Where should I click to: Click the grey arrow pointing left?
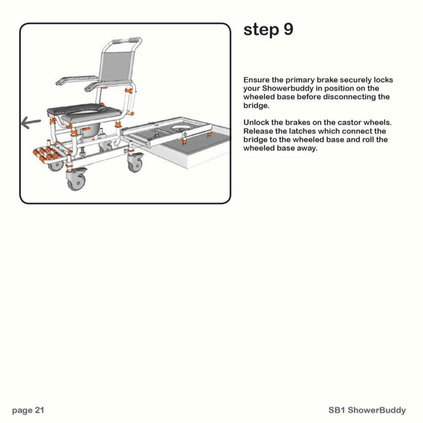[x=31, y=123]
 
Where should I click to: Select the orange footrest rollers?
[x=48, y=154]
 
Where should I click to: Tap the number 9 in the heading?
[x=288, y=30]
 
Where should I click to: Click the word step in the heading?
[x=260, y=30]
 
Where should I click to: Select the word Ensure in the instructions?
[x=256, y=80]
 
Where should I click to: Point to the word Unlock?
[x=256, y=123]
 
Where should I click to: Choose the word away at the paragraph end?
[x=308, y=148]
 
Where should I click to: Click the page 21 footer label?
[x=28, y=410]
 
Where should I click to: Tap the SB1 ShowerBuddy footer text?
[x=367, y=410]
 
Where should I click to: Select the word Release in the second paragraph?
[x=258, y=131]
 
